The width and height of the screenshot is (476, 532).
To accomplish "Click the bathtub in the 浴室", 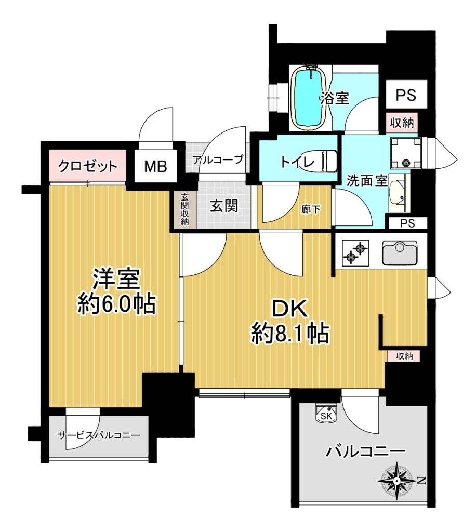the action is (x=308, y=97).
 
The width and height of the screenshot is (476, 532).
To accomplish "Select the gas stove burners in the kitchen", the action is (x=355, y=252).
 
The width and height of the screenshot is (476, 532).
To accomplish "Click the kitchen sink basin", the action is (x=400, y=252).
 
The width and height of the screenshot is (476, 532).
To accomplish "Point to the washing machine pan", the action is (x=406, y=153).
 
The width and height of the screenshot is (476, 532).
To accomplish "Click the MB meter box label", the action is (x=156, y=167).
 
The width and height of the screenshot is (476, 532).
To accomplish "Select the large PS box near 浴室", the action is (x=406, y=95).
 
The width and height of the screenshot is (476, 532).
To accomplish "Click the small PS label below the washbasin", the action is (x=407, y=223).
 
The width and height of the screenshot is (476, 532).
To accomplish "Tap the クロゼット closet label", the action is (x=88, y=166).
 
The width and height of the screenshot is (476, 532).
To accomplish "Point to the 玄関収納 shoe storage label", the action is (x=184, y=209).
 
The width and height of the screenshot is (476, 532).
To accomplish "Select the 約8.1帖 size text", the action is (x=290, y=334).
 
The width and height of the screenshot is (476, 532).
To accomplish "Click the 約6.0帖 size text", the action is (x=117, y=303).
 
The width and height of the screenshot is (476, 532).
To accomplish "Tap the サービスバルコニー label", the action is (x=99, y=435).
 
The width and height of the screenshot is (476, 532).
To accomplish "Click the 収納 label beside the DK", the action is (x=404, y=356).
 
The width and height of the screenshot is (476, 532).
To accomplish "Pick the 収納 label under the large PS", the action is (x=402, y=123).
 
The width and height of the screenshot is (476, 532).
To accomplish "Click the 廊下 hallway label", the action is (x=311, y=209).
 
